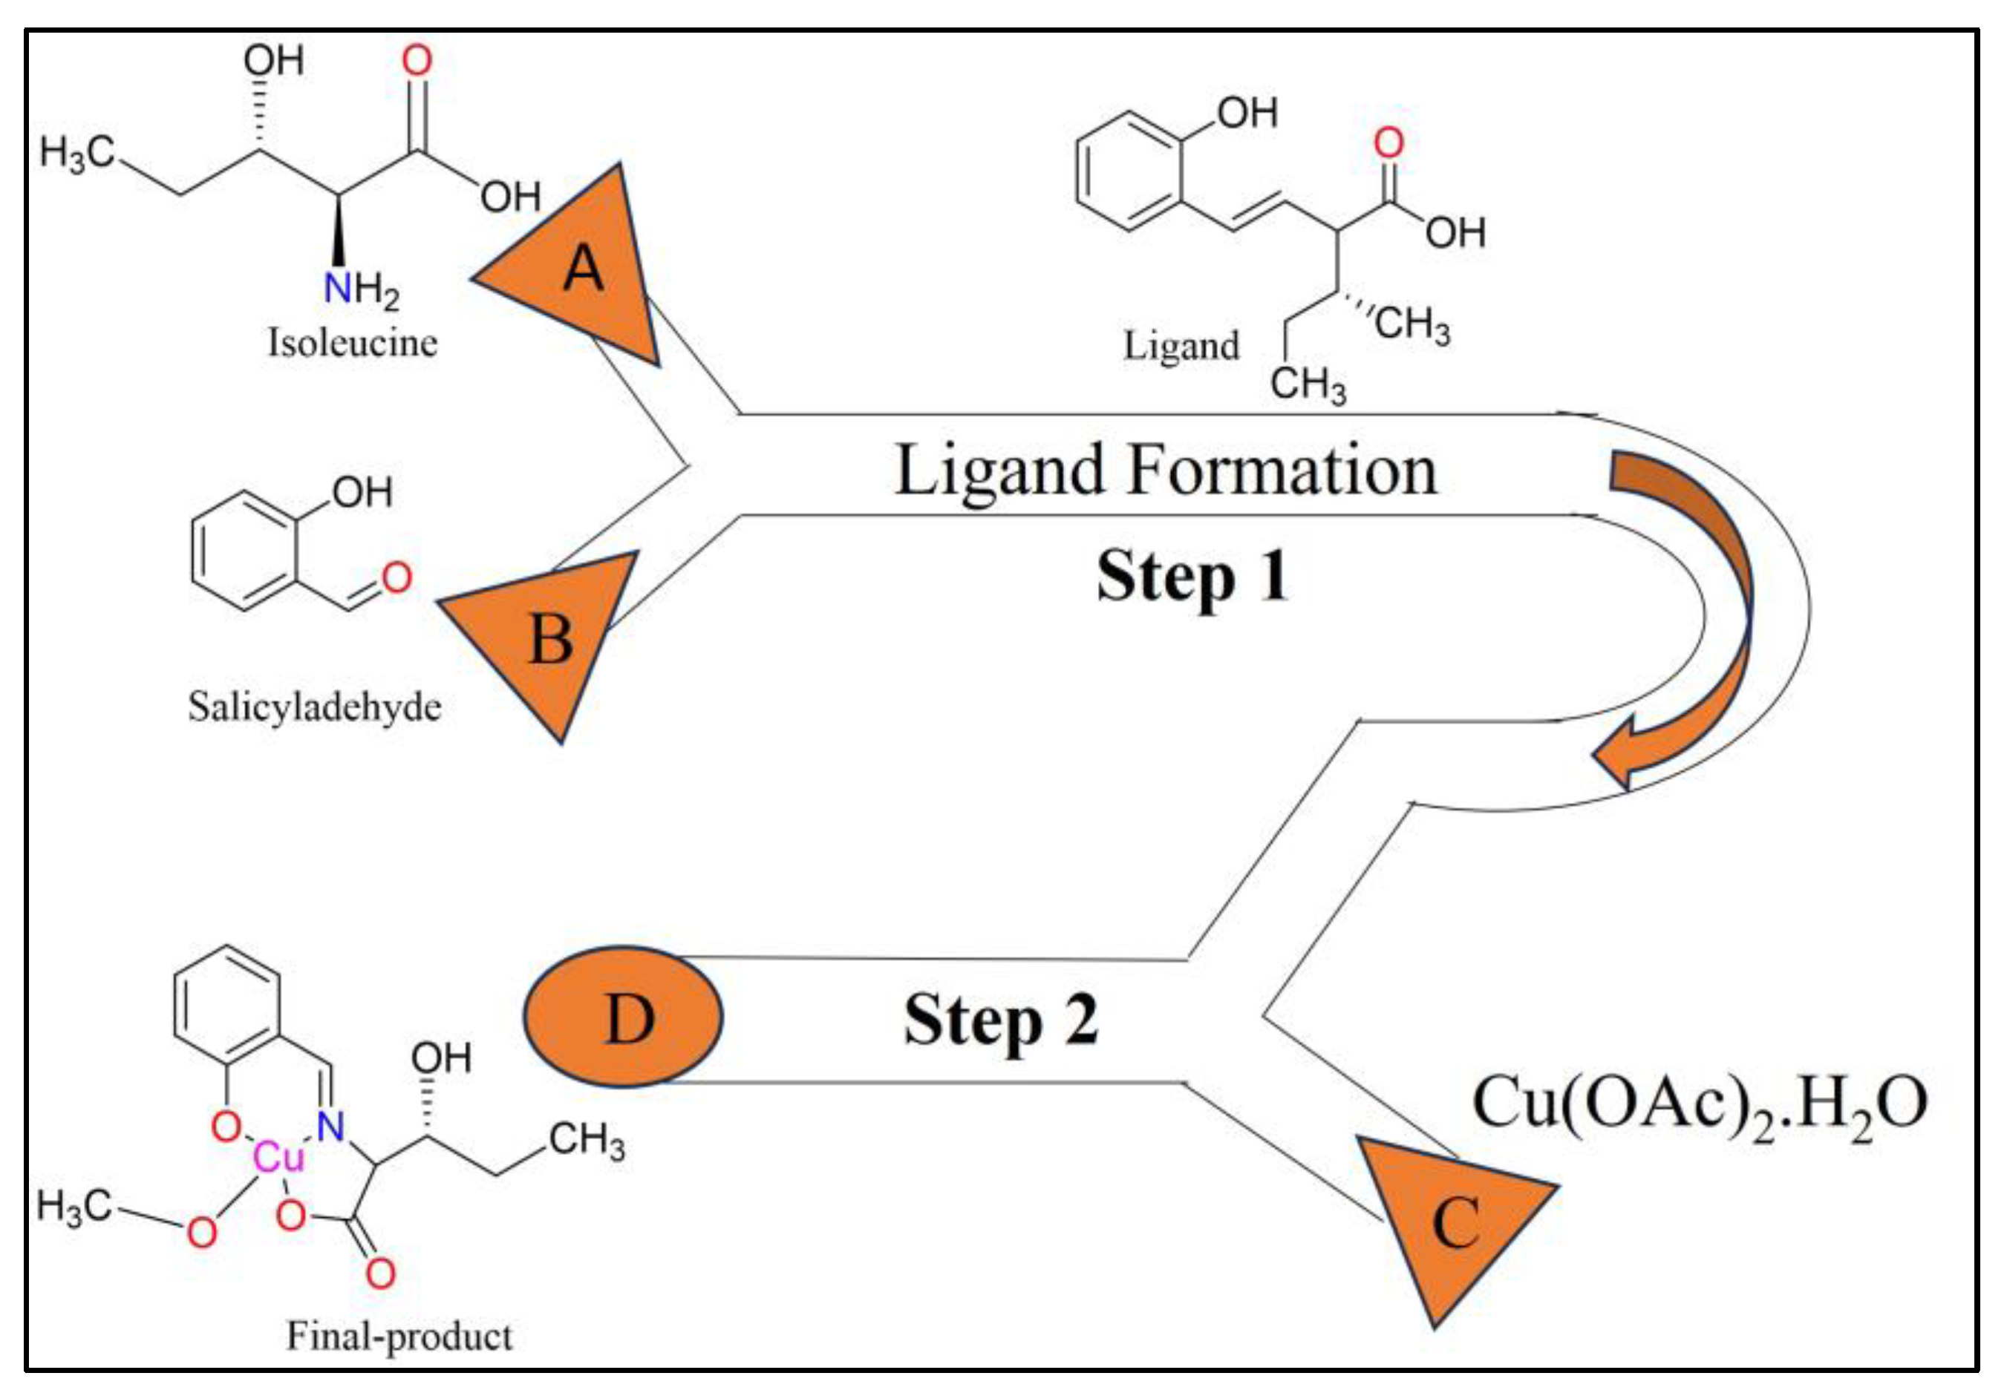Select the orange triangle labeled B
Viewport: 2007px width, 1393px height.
pos(550,637)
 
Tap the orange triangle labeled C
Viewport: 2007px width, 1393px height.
pos(1455,1222)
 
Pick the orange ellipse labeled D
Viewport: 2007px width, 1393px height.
pos(623,1017)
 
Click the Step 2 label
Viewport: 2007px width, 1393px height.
pos(1000,1021)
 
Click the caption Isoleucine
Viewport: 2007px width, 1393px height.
pos(352,343)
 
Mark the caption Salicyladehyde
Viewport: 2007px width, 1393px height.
pos(314,707)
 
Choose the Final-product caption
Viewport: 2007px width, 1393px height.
pos(399,1335)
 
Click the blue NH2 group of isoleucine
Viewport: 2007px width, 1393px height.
pos(359,288)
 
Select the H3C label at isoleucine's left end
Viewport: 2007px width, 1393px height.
pos(76,154)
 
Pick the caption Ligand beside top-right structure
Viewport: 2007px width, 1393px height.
pos(1181,346)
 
